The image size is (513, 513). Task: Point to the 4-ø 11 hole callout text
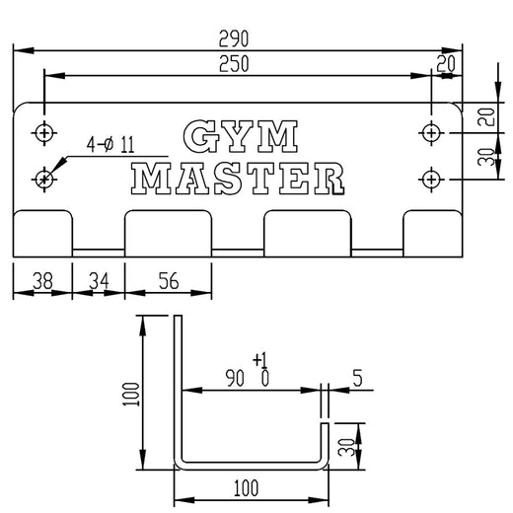pyautogui.click(x=110, y=146)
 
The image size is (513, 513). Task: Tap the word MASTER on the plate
pyautogui.click(x=240, y=178)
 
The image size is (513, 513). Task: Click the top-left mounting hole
pyautogui.click(x=43, y=131)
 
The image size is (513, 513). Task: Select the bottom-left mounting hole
pyautogui.click(x=43, y=178)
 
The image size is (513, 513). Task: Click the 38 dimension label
pyautogui.click(x=42, y=281)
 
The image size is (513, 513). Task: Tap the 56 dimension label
pyautogui.click(x=168, y=281)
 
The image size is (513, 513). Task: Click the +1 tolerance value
pyautogui.click(x=261, y=358)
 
